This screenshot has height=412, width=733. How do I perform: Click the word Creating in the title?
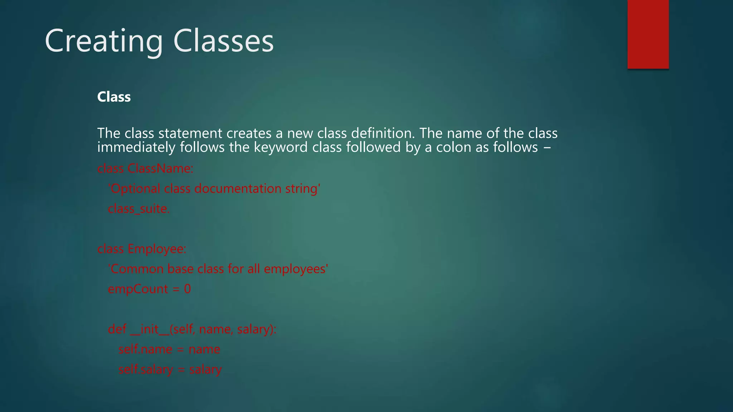(104, 41)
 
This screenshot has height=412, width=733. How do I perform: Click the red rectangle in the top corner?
(648, 34)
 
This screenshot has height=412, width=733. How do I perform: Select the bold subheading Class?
(114, 97)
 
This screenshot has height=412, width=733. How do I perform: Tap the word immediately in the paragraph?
(136, 147)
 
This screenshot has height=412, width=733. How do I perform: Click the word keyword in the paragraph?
(281, 147)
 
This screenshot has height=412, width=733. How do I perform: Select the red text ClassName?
(160, 168)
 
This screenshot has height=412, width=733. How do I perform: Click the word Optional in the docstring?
(135, 188)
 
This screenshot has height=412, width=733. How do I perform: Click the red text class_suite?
(139, 209)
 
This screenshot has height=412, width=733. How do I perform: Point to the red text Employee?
(157, 249)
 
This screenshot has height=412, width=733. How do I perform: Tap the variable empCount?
(138, 289)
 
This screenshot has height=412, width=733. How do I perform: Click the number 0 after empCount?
(188, 289)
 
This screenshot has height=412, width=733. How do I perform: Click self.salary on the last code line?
(146, 369)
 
